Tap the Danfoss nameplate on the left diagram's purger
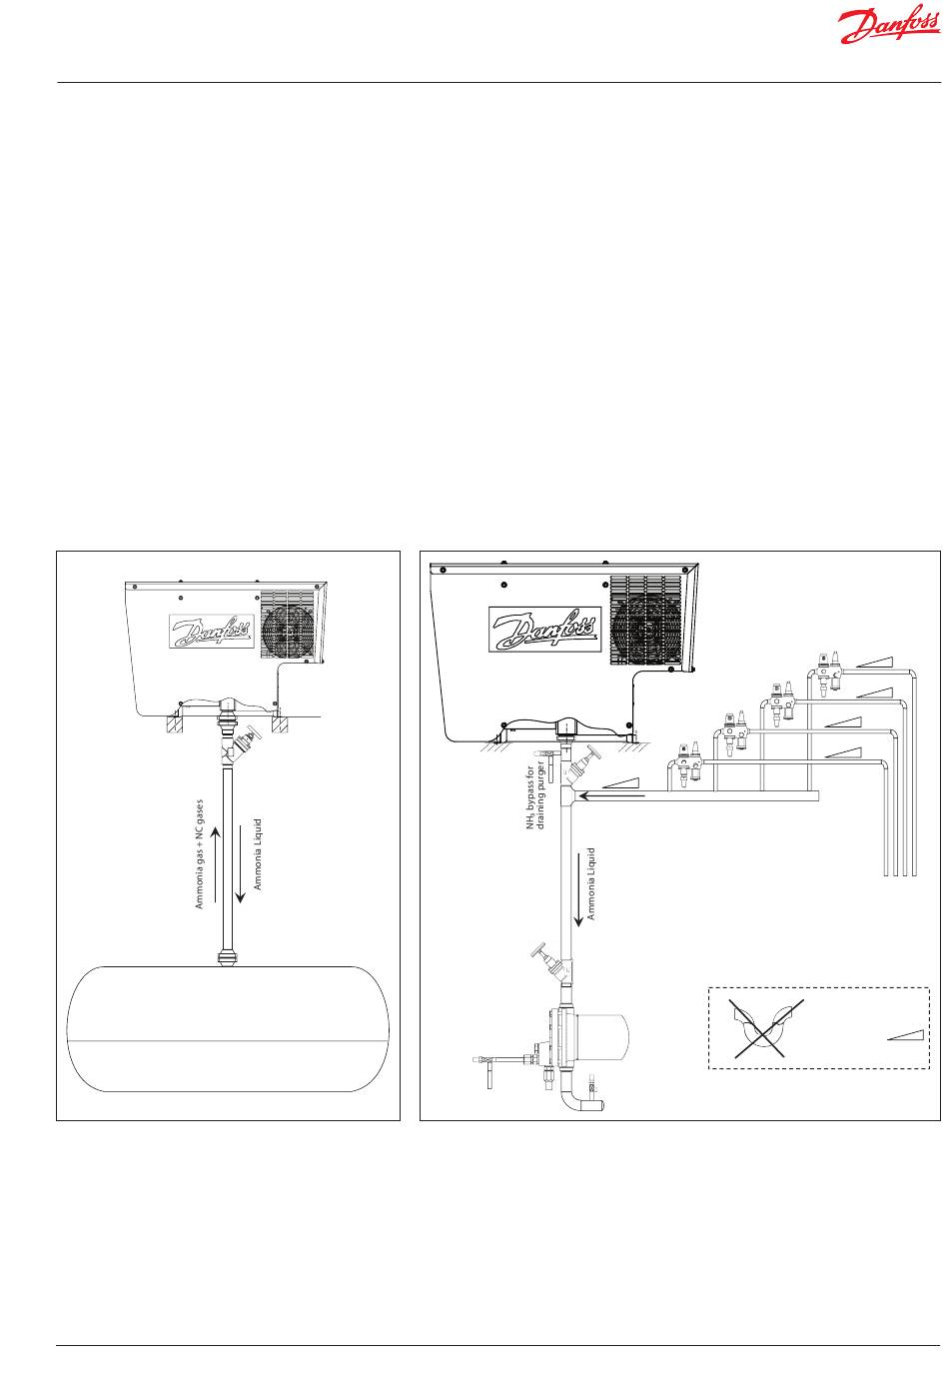pyautogui.click(x=211, y=632)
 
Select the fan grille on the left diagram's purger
pyautogui.click(x=288, y=624)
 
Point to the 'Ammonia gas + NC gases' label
pyautogui.click(x=200, y=853)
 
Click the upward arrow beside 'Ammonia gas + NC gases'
pyautogui.click(x=216, y=861)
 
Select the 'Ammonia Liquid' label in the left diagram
pyautogui.click(x=258, y=854)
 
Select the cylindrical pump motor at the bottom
pyautogui.click(x=599, y=1035)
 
